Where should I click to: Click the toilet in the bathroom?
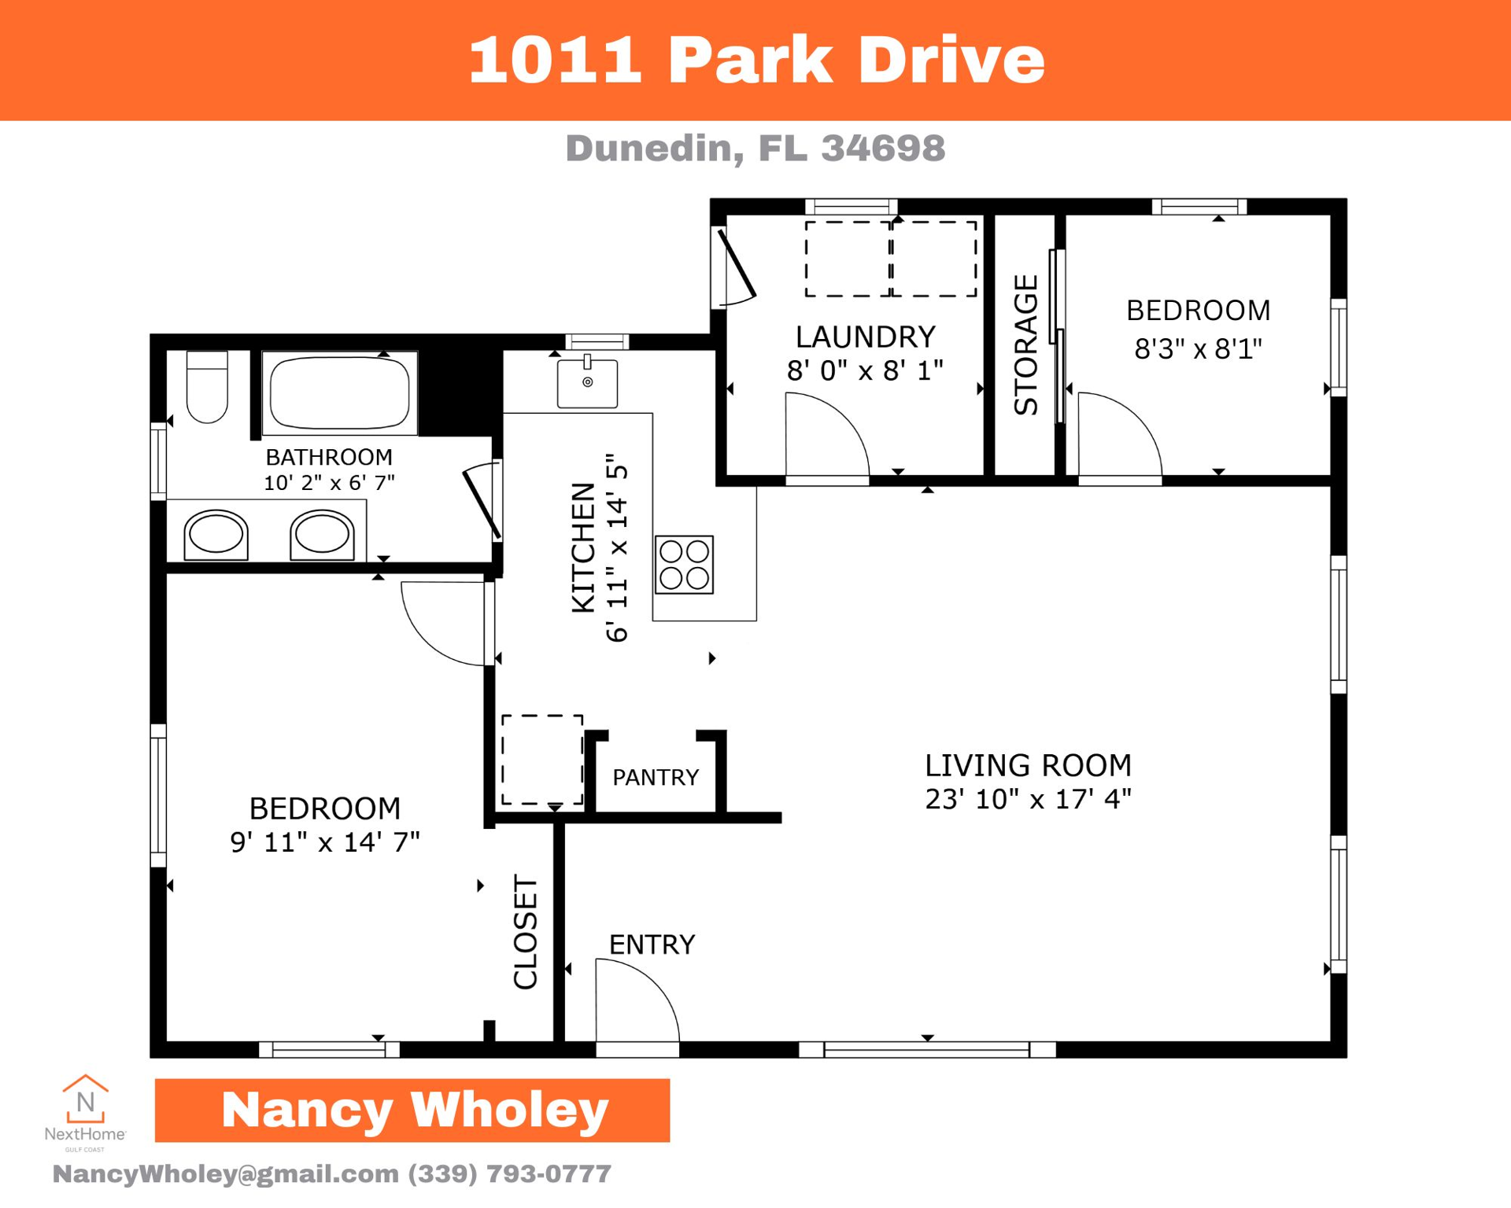pos(207,389)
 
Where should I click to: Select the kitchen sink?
pos(587,383)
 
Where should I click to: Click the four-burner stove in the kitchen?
pos(684,565)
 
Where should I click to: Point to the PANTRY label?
pos(656,778)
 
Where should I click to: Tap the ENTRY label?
pos(652,945)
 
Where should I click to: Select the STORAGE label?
pos(1025,344)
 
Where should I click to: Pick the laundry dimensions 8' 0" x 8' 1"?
pos(865,370)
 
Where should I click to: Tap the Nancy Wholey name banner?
pos(412,1110)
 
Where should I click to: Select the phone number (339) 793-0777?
pos(509,1173)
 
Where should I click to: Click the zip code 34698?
pos(883,149)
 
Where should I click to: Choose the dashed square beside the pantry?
pos(542,760)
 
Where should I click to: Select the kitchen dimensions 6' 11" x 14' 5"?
pos(617,548)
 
